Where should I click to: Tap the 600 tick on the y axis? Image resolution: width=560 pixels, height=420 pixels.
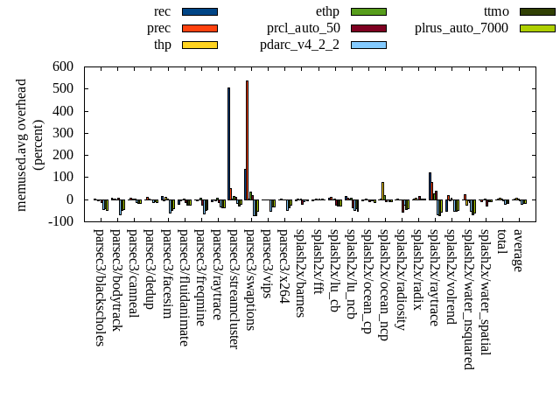tap(62, 66)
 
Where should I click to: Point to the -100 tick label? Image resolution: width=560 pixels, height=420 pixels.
tap(59, 221)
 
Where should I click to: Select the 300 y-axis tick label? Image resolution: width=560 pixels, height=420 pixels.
tap(62, 133)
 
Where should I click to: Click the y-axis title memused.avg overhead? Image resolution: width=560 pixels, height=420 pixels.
tap(30, 144)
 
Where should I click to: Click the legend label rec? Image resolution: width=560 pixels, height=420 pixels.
tap(162, 11)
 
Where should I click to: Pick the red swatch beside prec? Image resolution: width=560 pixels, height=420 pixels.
tap(199, 28)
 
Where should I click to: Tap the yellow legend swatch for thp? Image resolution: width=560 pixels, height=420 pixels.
tap(199, 45)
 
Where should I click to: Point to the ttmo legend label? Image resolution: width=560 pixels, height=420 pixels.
tap(496, 11)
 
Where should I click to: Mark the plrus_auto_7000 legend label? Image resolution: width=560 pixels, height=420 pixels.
tap(461, 28)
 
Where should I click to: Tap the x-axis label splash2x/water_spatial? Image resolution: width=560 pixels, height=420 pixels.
tap(485, 292)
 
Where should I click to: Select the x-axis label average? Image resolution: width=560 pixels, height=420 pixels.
tap(518, 251)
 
